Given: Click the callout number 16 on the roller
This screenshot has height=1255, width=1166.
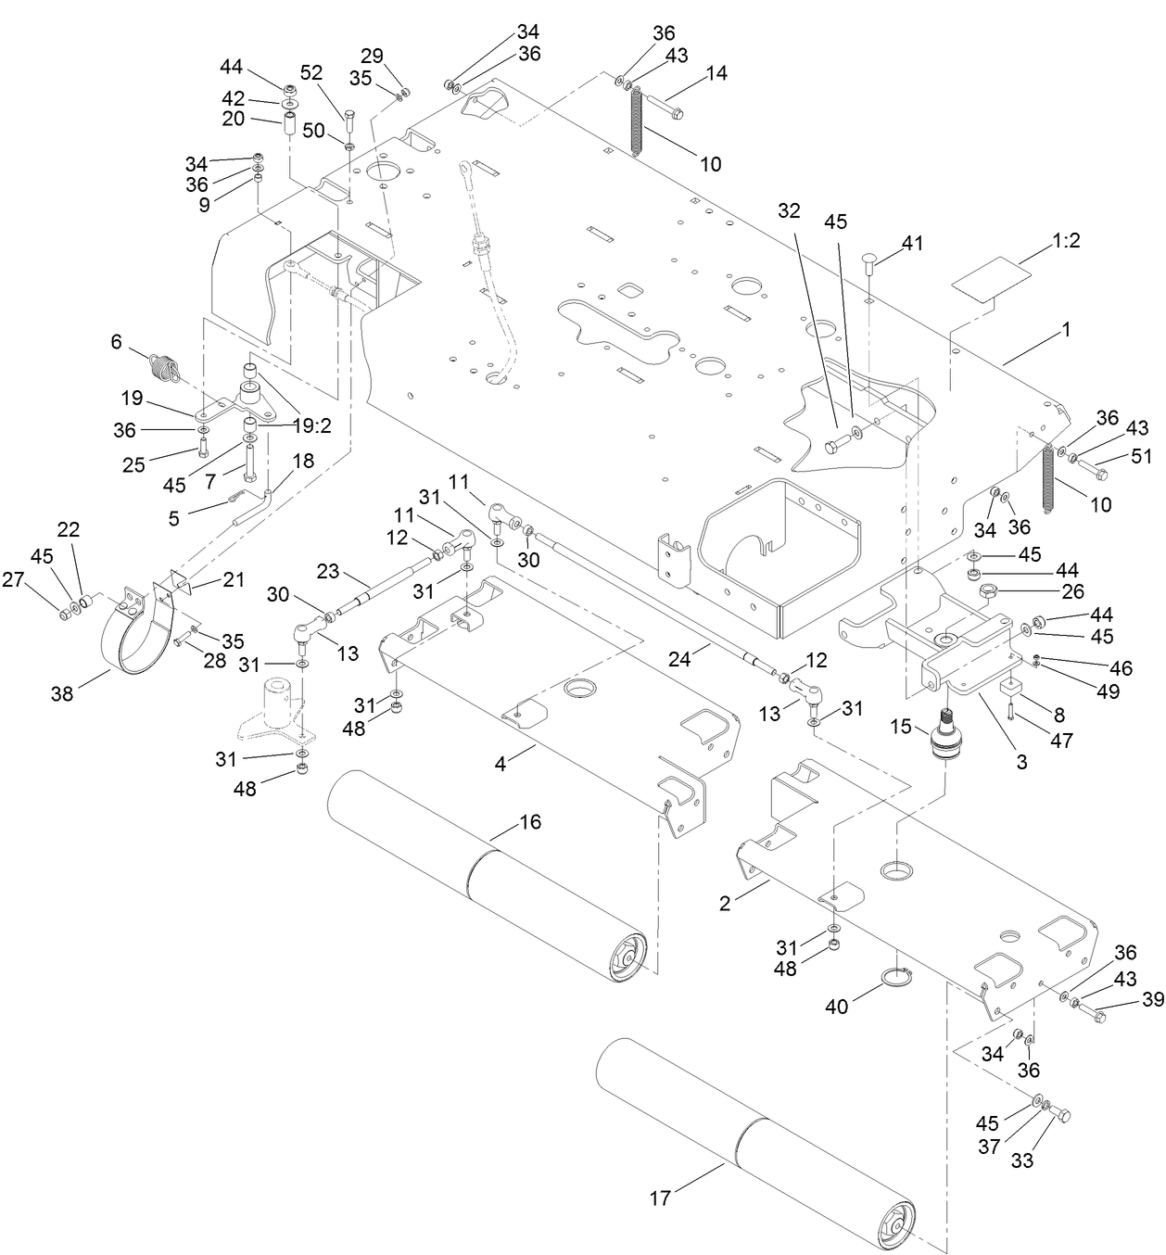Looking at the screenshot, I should click(530, 823).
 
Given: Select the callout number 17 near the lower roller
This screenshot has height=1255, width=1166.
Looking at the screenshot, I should click(660, 1198).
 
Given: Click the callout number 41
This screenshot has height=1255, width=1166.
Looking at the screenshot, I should click(913, 244).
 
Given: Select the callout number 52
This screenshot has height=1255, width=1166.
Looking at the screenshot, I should click(312, 73).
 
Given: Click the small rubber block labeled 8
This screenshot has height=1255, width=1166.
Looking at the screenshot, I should click(1010, 688).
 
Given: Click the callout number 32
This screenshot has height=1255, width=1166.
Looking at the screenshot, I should click(789, 210).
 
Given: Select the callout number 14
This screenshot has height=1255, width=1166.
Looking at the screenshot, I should click(717, 73).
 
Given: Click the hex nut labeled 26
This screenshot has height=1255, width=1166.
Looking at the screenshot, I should click(987, 590).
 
